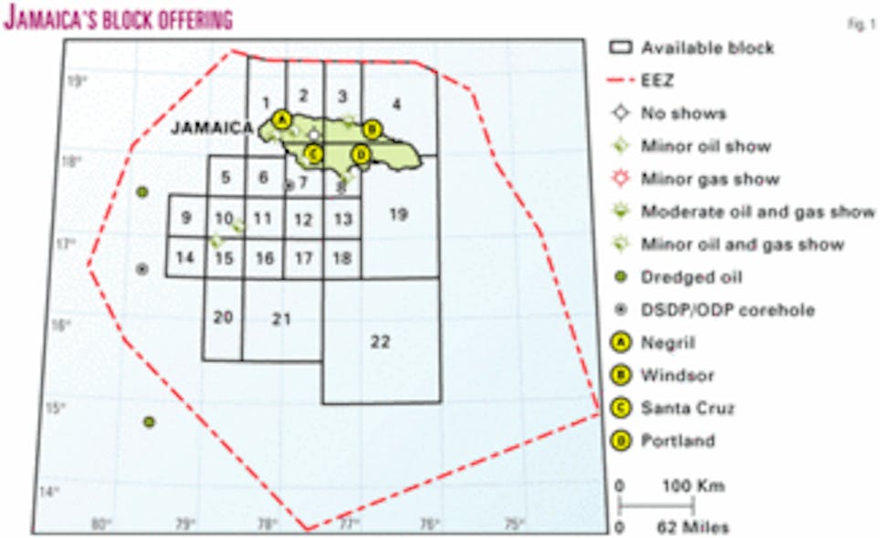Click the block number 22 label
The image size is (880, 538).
point(381,342)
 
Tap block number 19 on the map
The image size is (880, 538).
point(397,214)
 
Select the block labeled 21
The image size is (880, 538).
point(281,318)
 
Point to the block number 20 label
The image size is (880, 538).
point(223,317)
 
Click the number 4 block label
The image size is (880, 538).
point(396,104)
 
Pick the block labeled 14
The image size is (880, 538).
point(184,257)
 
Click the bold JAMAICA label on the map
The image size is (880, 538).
point(210,129)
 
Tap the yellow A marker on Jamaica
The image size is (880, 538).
point(281,120)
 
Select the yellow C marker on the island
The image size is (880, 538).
point(313,153)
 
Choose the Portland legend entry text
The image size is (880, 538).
point(677,440)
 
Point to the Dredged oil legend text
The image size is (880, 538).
point(689,276)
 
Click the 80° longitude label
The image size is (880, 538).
point(100,524)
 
